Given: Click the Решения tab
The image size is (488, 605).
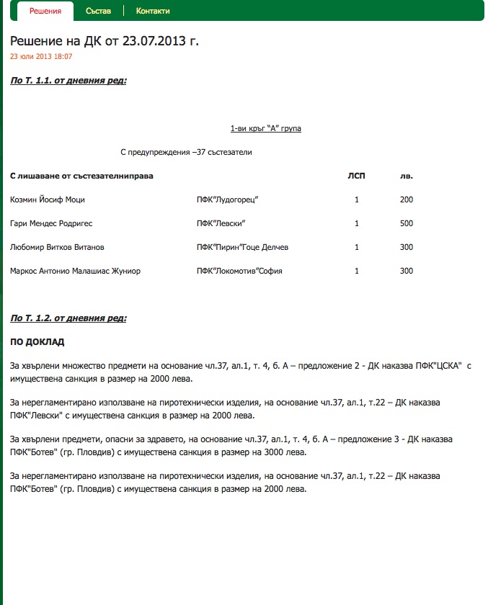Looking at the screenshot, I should coord(45,11).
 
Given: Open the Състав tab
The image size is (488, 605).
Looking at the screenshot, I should coord(98,11).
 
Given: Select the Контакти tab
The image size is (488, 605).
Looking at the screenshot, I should coord(153,11).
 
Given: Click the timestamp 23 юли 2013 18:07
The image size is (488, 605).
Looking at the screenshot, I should coord(41,55).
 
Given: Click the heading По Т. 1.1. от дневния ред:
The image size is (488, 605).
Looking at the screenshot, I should coord(68,81).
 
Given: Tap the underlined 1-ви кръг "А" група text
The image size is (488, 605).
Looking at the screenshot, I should coord(266,128).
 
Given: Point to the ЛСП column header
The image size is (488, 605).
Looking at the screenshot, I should coord(356,176).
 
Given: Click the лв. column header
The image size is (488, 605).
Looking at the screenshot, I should coord(407,176).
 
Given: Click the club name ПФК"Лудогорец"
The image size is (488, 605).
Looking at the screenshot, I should coord(228,200).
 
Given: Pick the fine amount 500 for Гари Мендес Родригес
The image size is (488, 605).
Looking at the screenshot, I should coord(407,223).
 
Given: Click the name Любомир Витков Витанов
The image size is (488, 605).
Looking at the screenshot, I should coord(57,247).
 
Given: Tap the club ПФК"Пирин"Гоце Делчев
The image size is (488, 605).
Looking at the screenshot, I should coord(243,247).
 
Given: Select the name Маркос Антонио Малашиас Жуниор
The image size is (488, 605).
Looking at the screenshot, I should coord(76,271).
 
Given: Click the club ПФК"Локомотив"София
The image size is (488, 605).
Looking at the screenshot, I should coord(240,271).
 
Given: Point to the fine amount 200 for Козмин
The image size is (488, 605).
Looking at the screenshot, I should coord(407,200).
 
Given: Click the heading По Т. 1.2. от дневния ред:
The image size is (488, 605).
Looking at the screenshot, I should coord(68,318).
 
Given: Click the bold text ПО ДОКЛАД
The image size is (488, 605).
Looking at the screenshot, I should coord(37,342).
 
